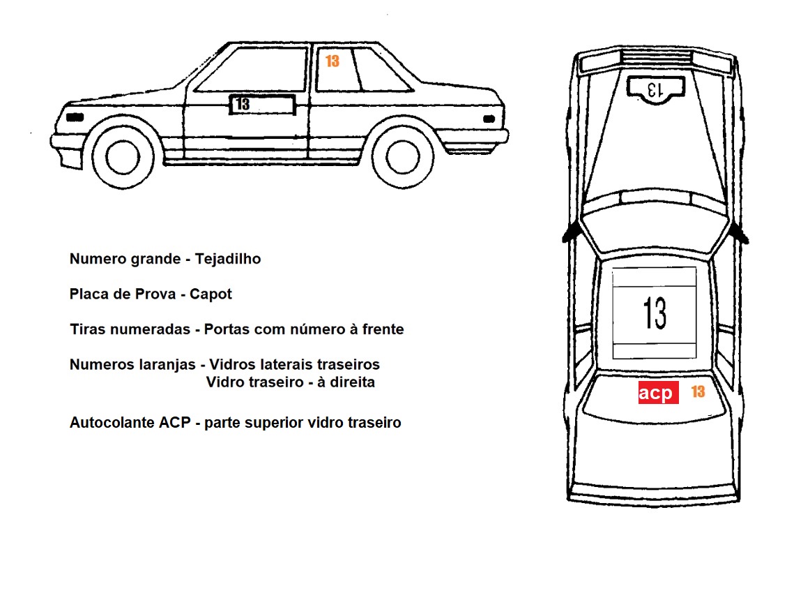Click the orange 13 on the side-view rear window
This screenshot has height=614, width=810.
(x=333, y=61)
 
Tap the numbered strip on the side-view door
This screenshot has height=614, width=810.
(x=262, y=104)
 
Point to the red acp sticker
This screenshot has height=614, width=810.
(x=658, y=393)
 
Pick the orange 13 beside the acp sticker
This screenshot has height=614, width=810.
(x=698, y=391)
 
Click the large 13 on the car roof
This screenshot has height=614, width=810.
(x=655, y=313)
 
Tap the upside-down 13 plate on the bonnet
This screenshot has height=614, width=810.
(x=655, y=89)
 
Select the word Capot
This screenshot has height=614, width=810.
(x=213, y=294)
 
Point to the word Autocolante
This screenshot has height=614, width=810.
(x=109, y=422)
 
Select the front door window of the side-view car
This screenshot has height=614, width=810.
(x=252, y=69)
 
